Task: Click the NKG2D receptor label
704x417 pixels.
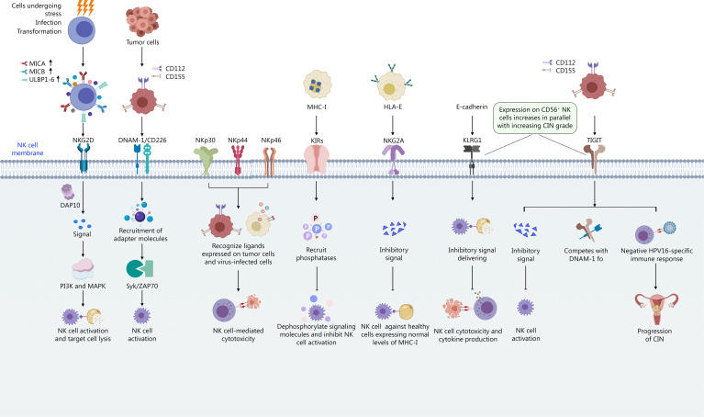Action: pyautogui.click(x=83, y=141)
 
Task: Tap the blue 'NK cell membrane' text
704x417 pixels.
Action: pyautogui.click(x=28, y=149)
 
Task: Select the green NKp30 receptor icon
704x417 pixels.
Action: pyautogui.click(x=206, y=161)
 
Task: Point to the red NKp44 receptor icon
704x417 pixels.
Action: pyautogui.click(x=238, y=160)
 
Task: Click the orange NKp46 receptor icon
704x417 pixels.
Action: pyautogui.click(x=269, y=162)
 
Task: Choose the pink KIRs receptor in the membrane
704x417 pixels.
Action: pyautogui.click(x=317, y=160)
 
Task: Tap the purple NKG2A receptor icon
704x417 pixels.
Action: pyautogui.click(x=394, y=160)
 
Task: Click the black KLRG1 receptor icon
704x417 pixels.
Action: pyautogui.click(x=472, y=160)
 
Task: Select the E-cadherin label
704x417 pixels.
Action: pyautogui.click(x=472, y=107)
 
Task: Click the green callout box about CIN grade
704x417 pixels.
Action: pyautogui.click(x=535, y=118)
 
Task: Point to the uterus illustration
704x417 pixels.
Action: pyautogui.click(x=656, y=309)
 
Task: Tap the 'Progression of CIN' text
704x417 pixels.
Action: pyautogui.click(x=654, y=334)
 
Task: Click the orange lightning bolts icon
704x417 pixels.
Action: pyautogui.click(x=85, y=7)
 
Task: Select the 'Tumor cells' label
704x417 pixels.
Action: pyautogui.click(x=142, y=42)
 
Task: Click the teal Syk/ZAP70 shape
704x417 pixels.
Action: pyautogui.click(x=140, y=268)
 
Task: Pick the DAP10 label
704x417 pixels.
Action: pyautogui.click(x=70, y=206)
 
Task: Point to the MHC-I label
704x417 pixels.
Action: pyautogui.click(x=317, y=107)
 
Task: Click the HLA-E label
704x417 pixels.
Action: pyautogui.click(x=393, y=107)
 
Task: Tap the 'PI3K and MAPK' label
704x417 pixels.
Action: pyautogui.click(x=83, y=286)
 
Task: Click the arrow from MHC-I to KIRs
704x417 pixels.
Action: pyautogui.click(x=317, y=125)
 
